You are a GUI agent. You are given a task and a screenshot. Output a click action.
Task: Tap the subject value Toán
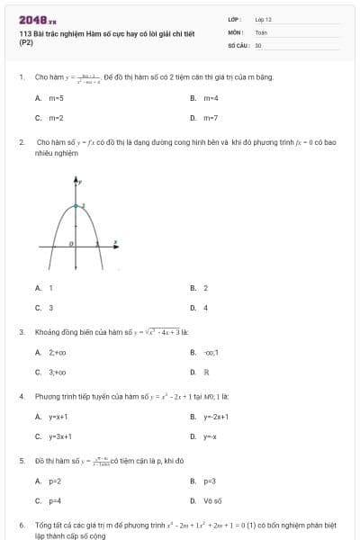point(261,31)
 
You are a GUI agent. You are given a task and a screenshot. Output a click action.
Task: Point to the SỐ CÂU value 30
point(258,44)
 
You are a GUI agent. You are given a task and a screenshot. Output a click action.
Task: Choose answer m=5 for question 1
point(56,97)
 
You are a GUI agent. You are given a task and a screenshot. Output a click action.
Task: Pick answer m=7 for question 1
point(210,117)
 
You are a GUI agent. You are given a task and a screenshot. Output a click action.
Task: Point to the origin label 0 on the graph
point(72,243)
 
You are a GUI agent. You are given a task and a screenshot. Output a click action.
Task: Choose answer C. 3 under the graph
point(50,307)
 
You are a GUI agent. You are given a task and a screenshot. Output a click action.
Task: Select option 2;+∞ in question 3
point(58,352)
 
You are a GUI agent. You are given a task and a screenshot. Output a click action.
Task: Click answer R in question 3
point(206,372)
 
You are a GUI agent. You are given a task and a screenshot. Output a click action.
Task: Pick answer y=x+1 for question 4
point(58,417)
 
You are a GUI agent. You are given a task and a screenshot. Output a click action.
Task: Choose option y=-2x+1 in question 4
point(216,417)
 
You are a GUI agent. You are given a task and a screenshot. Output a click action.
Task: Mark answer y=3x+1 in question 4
point(60,436)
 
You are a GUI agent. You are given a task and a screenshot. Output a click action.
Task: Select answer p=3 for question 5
point(210,481)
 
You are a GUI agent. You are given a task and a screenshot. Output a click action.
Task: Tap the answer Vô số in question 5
point(212,500)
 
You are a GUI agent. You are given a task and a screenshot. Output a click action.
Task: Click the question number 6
point(21,524)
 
